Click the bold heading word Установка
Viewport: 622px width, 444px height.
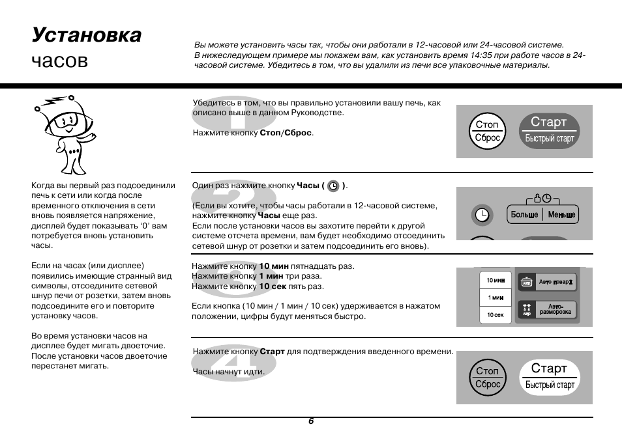pyautogui.click(x=86, y=35)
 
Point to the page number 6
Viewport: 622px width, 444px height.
pyautogui.click(x=311, y=421)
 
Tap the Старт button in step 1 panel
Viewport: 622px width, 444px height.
pyautogui.click(x=549, y=130)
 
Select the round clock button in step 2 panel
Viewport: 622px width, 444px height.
pyautogui.click(x=481, y=214)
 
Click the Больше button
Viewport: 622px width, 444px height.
pyautogui.click(x=524, y=215)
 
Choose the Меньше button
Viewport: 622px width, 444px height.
pyautogui.click(x=561, y=215)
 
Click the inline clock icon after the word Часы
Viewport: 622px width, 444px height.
pyautogui.click(x=334, y=186)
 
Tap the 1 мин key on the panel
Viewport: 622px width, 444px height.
pyautogui.click(x=496, y=298)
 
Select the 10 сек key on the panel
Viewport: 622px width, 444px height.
pyautogui.click(x=496, y=315)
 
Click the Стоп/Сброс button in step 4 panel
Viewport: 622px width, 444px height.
pyautogui.click(x=488, y=378)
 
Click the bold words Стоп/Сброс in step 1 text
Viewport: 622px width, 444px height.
pyautogui.click(x=286, y=133)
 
